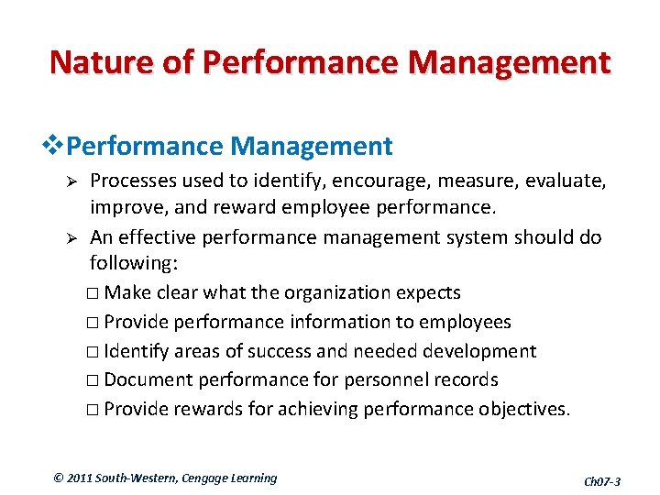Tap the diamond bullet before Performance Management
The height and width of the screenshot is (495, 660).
tap(54, 146)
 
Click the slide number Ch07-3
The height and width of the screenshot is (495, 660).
tap(601, 481)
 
